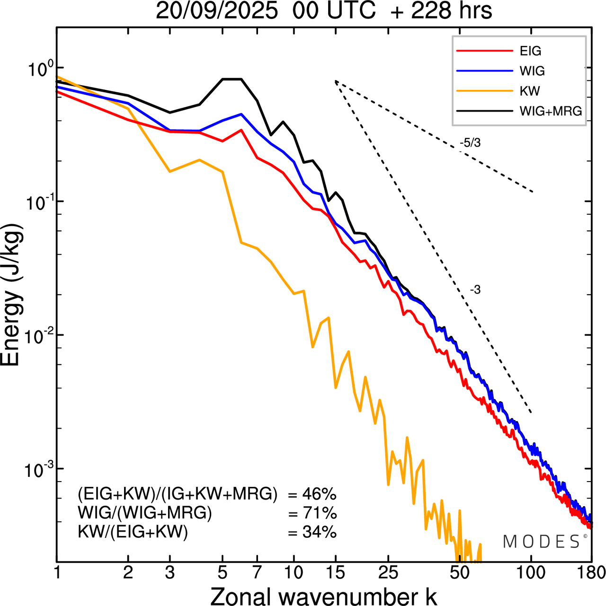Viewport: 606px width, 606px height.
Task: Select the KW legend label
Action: (530, 91)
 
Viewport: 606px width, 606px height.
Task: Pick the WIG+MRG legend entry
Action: (551, 111)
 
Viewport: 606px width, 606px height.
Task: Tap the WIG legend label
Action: (532, 71)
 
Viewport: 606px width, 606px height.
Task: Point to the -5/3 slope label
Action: (470, 143)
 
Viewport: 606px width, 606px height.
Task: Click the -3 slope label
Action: (475, 290)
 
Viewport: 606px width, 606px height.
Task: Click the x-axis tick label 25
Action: (388, 573)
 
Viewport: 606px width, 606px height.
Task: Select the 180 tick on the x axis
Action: (591, 573)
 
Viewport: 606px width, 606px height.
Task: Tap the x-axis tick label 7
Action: (257, 573)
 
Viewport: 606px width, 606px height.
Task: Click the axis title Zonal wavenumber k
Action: (323, 596)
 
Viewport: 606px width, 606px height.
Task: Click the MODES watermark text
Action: (542, 542)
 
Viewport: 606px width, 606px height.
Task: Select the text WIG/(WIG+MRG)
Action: (145, 513)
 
